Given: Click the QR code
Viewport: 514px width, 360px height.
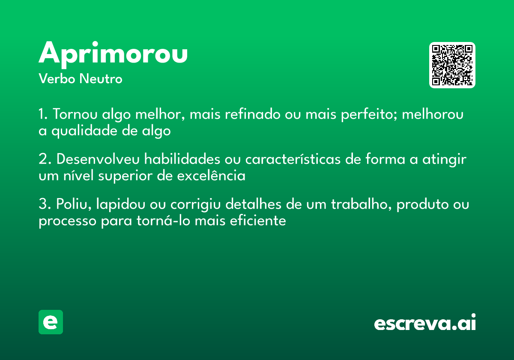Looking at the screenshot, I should pos(452,65).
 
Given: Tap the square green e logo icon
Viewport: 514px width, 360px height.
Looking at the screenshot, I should pos(51,322).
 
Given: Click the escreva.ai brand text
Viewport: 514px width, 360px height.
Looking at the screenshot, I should pos(425,323).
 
